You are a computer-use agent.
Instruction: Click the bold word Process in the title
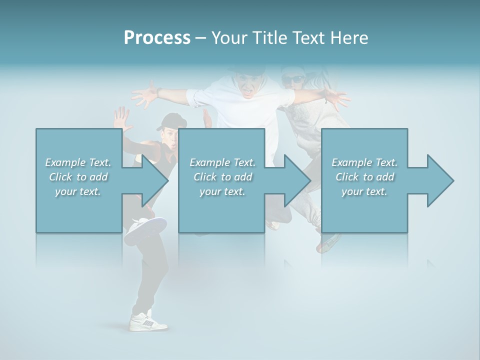[x=157, y=37]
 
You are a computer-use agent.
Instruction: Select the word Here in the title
[x=349, y=38]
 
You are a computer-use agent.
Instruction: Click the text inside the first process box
[x=78, y=177]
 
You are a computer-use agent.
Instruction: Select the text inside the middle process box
[x=222, y=177]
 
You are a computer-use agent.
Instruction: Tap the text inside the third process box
[x=364, y=177]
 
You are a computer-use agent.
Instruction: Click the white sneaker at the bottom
[x=148, y=321]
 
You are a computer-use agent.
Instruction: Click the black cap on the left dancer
[x=170, y=119]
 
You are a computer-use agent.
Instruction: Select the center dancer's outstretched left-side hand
[x=145, y=93]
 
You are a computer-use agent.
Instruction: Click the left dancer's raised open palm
[x=120, y=118]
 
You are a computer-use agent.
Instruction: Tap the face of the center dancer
[x=247, y=85]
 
